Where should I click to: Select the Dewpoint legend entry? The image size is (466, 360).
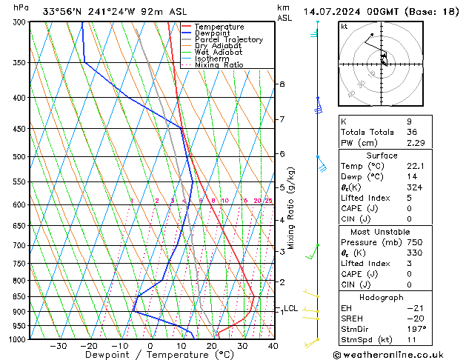211,33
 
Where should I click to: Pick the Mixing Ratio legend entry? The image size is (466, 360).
219,65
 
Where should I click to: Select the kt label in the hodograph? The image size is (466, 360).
344,26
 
